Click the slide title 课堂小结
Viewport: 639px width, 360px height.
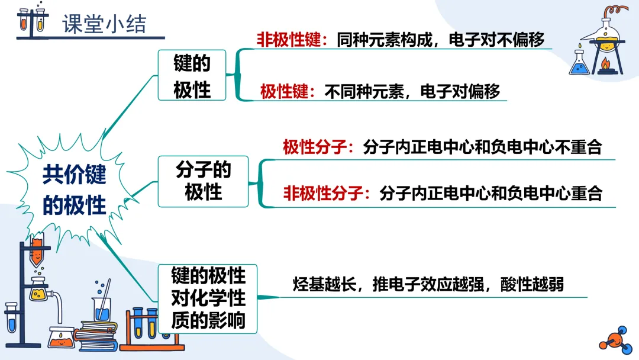pyautogui.click(x=104, y=24)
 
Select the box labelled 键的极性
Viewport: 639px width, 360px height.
pyautogui.click(x=192, y=76)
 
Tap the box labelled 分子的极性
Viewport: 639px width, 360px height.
pyautogui.click(x=203, y=181)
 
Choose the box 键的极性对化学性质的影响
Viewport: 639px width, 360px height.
pyautogui.click(x=208, y=298)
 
